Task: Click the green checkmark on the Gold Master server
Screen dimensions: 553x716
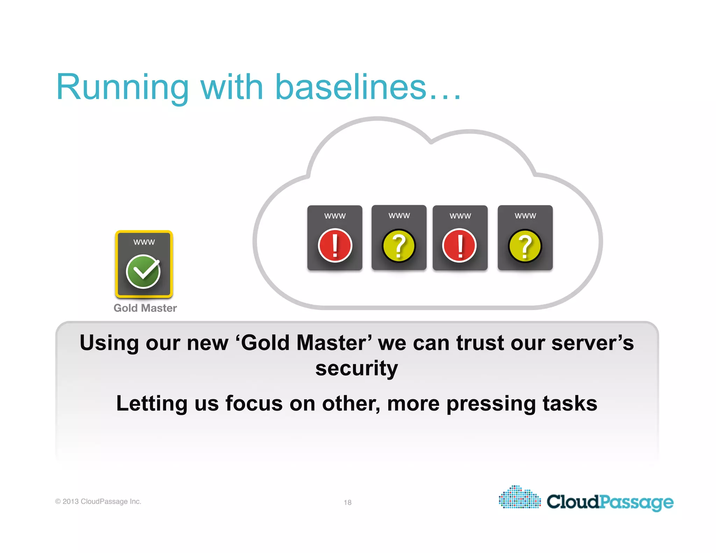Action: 143,272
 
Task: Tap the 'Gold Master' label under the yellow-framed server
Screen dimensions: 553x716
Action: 145,308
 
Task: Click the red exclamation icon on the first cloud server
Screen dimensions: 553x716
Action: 335,245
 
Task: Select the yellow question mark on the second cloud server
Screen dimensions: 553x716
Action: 399,245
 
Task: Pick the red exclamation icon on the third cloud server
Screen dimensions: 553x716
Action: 459,245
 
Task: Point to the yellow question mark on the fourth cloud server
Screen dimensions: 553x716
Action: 525,246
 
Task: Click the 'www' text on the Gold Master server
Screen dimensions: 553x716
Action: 144,242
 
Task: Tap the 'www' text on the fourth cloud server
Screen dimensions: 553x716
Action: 525,216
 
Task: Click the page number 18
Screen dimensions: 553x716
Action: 348,502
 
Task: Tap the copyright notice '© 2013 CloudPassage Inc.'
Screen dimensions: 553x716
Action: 98,501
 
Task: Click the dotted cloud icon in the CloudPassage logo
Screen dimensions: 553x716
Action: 520,497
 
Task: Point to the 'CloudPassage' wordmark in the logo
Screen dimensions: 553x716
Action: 610,502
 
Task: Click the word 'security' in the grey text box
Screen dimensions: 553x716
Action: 357,368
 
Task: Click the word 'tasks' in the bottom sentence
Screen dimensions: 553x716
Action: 570,403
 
